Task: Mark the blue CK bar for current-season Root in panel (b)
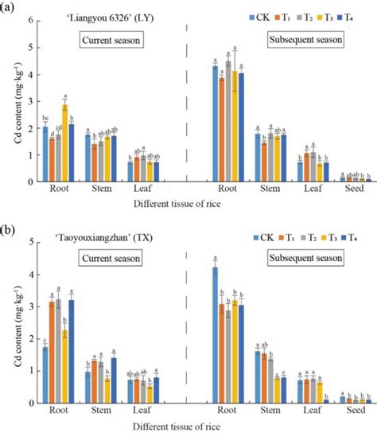click(45, 374)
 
